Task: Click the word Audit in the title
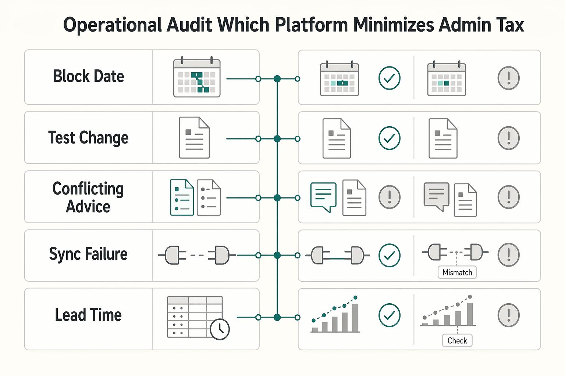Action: pos(189,25)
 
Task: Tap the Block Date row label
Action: pos(89,76)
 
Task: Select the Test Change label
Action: pos(88,137)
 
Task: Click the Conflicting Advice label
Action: pos(88,197)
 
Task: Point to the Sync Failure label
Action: pos(88,254)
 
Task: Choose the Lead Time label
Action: pos(88,315)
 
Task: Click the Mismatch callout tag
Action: pos(457,272)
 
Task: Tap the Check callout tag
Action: pos(457,340)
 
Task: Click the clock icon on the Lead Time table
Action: pos(220,329)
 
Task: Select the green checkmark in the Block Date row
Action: pos(389,78)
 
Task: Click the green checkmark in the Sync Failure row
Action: pos(389,255)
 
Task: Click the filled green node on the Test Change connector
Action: pos(277,138)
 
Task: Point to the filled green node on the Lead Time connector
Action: pos(277,317)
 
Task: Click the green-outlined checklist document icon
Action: pos(182,197)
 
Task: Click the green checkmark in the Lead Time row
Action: pos(389,315)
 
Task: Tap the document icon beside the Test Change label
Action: pos(194,137)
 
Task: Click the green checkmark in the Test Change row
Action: pos(389,138)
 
